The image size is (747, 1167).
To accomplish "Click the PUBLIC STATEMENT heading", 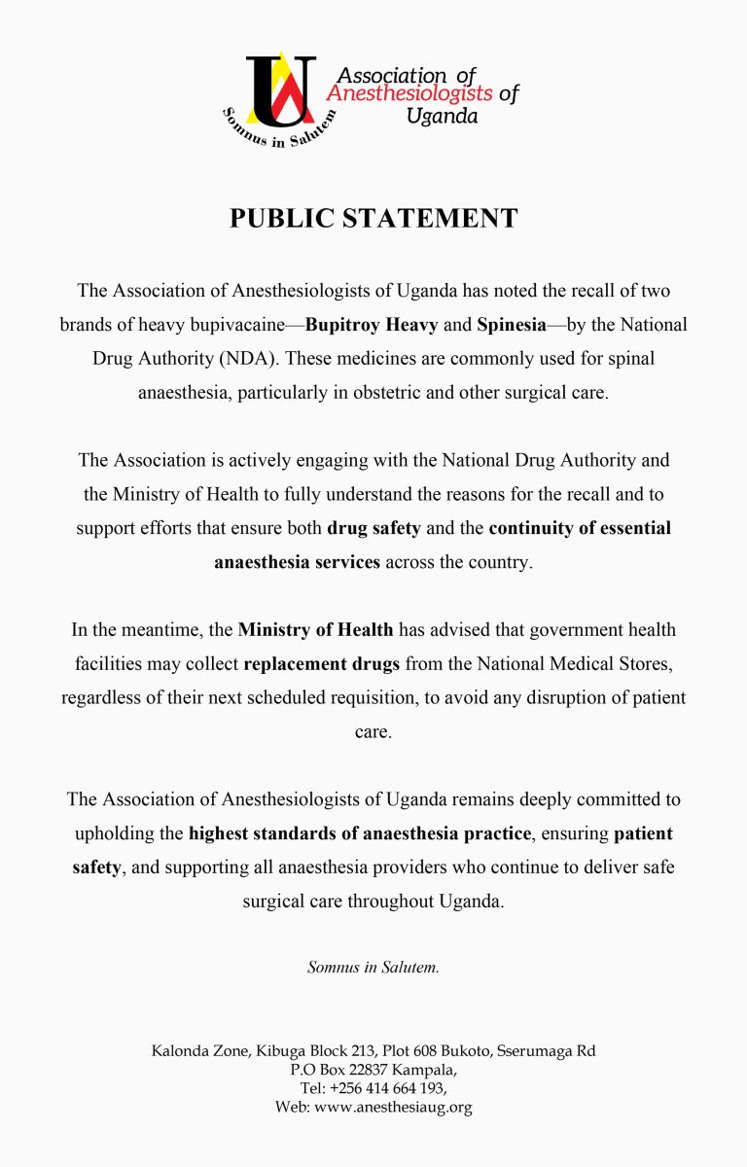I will (373, 218).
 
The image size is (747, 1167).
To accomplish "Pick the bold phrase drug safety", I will (373, 528).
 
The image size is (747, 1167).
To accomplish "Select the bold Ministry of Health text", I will (316, 629).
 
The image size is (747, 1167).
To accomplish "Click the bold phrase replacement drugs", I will (321, 664).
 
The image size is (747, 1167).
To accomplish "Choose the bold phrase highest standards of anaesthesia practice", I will (360, 833).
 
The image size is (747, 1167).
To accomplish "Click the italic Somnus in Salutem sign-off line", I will (373, 968).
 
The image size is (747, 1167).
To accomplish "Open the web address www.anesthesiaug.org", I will (393, 1107).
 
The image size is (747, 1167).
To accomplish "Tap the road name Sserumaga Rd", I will (549, 1051).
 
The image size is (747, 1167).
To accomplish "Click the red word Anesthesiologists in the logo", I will (409, 94).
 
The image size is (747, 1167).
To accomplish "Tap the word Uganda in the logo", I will (443, 117).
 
